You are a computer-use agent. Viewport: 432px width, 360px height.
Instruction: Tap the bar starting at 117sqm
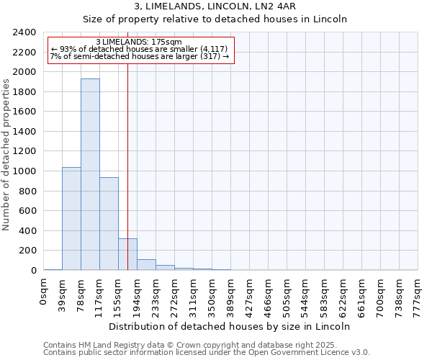point(109,223)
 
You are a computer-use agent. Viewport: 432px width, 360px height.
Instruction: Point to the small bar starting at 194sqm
point(146,264)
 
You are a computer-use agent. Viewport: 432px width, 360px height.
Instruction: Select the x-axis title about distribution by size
point(230,326)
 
